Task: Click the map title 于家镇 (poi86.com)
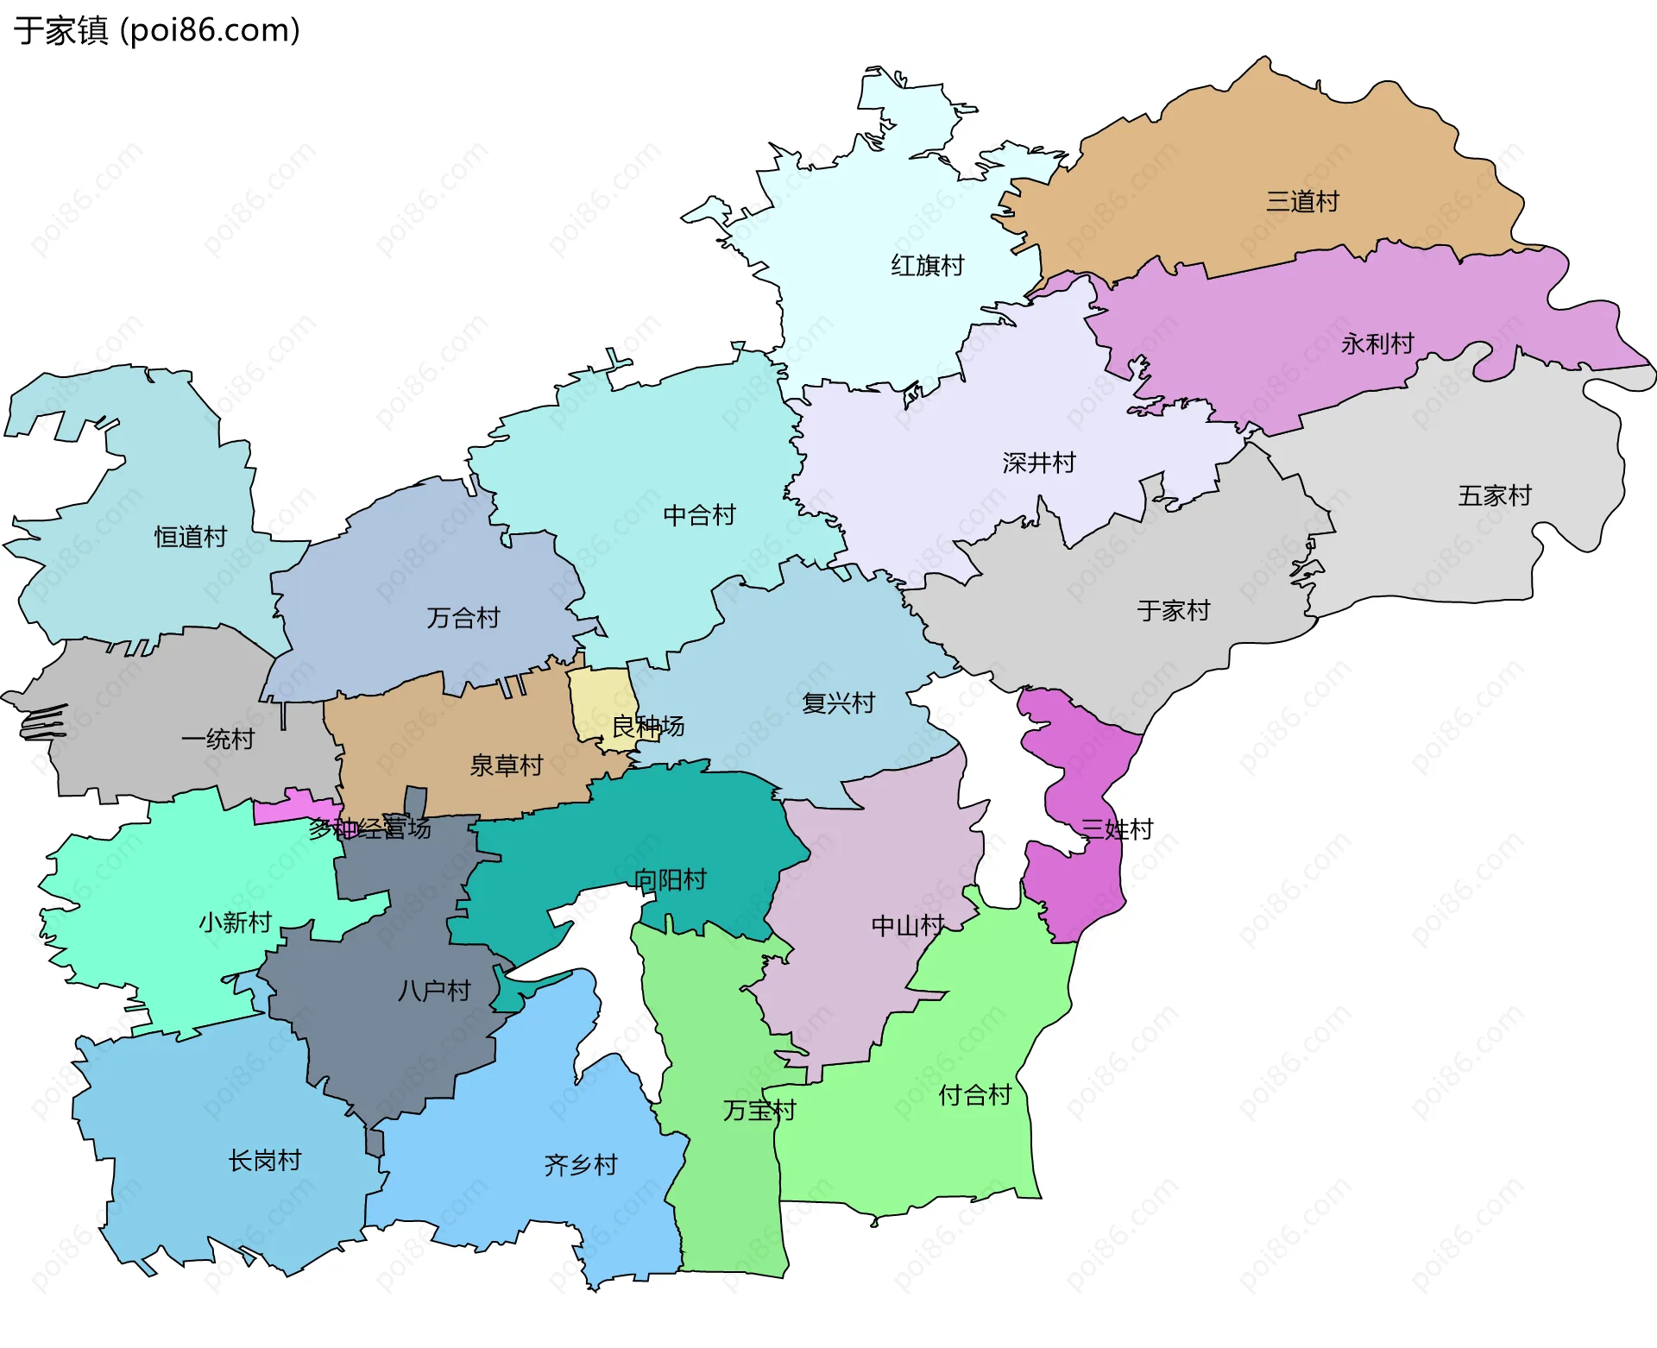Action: click(157, 30)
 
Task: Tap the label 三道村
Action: click(1301, 202)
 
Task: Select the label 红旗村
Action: click(927, 265)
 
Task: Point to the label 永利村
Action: click(1377, 343)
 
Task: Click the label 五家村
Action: click(1494, 495)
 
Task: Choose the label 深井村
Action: click(1038, 463)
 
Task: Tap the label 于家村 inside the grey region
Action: click(1173, 611)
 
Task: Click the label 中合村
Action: click(699, 515)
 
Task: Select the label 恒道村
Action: click(190, 537)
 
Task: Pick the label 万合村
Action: click(463, 618)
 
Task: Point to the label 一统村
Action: click(217, 739)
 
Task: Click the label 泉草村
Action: click(506, 765)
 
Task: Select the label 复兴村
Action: click(838, 702)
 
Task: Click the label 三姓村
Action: click(1117, 829)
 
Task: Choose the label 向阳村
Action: click(670, 879)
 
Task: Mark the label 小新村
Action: click(235, 923)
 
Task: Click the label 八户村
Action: click(434, 991)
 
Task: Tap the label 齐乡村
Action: click(581, 1165)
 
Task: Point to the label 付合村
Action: click(974, 1095)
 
